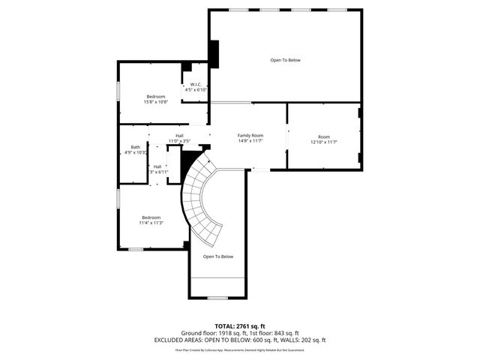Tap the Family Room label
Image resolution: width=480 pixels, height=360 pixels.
click(250, 135)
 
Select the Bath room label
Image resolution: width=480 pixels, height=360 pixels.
click(135, 147)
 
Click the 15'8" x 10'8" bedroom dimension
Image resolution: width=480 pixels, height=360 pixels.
click(156, 102)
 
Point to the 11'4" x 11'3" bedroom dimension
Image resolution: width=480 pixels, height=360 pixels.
click(151, 223)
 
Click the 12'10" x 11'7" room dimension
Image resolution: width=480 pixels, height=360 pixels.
click(324, 142)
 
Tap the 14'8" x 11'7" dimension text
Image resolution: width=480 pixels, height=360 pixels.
click(250, 141)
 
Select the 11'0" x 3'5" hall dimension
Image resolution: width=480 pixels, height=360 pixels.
click(180, 141)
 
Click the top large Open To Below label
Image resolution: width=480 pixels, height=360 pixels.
click(285, 60)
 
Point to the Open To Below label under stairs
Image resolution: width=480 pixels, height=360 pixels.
click(218, 256)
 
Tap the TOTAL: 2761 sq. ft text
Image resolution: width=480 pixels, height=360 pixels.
click(240, 326)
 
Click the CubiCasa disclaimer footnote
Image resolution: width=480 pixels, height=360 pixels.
click(240, 349)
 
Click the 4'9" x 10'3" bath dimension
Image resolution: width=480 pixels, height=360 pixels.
click(136, 152)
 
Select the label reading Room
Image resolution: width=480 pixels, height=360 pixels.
click(324, 136)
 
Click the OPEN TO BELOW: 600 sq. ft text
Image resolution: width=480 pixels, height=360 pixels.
click(241, 340)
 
